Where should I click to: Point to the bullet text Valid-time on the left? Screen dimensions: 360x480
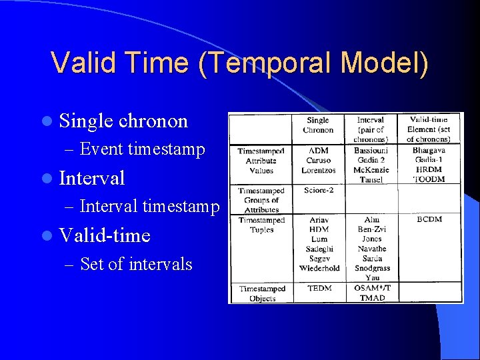[x=105, y=235]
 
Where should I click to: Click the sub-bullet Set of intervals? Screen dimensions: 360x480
[x=135, y=265]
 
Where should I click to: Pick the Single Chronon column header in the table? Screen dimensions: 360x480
[x=318, y=125]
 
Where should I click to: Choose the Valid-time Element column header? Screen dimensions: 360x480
[x=429, y=129]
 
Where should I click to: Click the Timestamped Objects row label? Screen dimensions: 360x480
[x=261, y=293]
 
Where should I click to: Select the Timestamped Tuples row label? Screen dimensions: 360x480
[x=261, y=225]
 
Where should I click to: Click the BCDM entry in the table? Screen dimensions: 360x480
[x=429, y=219]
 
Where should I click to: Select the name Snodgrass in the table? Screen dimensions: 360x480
[x=372, y=268]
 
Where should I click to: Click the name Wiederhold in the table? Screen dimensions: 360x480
[x=319, y=268]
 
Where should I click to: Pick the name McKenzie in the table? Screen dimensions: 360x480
[x=372, y=170]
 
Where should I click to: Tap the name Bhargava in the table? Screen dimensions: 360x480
[x=429, y=151]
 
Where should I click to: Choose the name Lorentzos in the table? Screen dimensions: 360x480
[x=318, y=170]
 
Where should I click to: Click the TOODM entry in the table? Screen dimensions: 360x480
[x=429, y=179]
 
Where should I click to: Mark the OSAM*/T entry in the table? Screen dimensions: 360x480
[x=372, y=289]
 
